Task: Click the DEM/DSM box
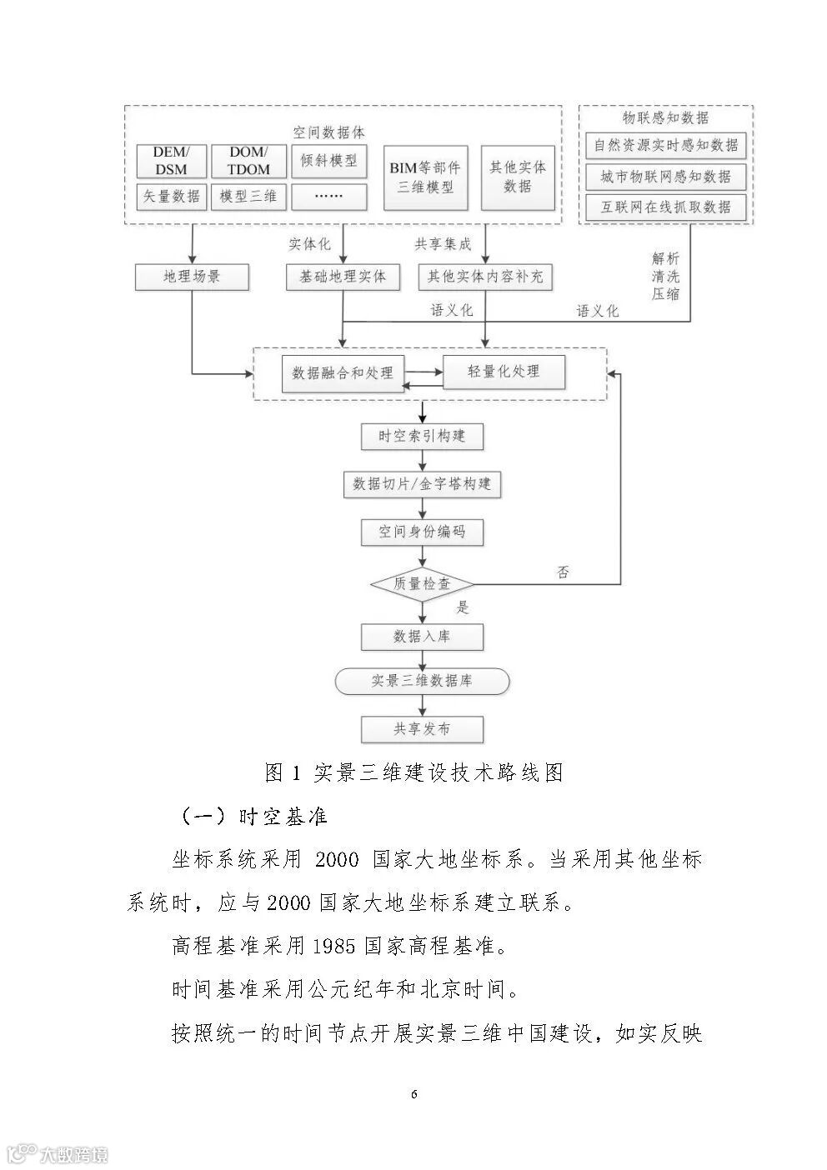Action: click(171, 161)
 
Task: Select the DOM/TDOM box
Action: click(249, 161)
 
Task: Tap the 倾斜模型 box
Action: click(329, 161)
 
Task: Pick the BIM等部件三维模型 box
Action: click(425, 177)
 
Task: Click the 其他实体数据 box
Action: click(518, 177)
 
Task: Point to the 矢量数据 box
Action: click(171, 197)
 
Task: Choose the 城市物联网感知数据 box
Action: click(665, 177)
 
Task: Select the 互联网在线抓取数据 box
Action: click(665, 207)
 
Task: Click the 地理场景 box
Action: click(192, 277)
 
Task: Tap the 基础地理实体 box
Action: click(343, 277)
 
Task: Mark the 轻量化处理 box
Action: click(504, 372)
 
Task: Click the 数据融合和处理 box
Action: click(343, 372)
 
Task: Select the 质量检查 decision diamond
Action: click(422, 584)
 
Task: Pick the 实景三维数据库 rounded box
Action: click(422, 681)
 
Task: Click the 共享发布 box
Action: click(422, 729)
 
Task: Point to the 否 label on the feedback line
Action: click(564, 572)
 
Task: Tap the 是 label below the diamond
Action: click(464, 607)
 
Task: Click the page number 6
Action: click(414, 1094)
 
